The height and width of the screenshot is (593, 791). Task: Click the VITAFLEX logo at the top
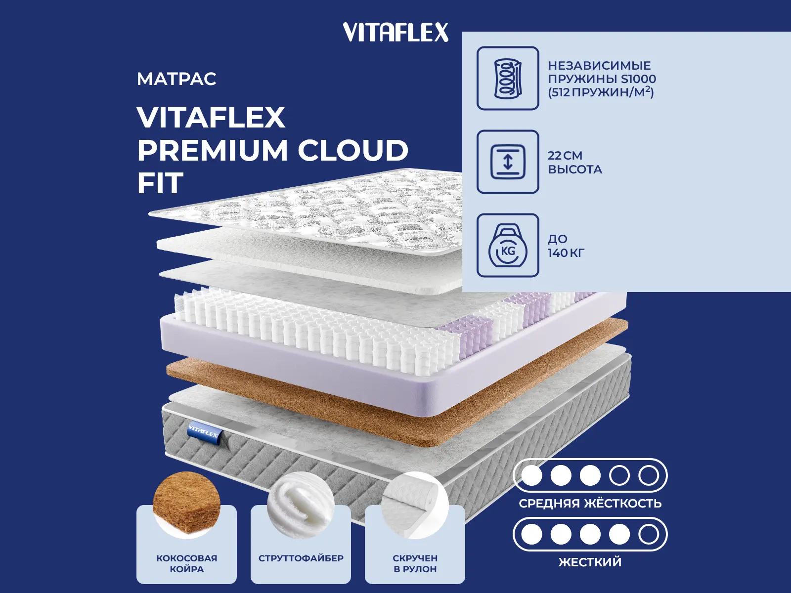click(395, 33)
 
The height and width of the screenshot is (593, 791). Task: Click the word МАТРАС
click(176, 79)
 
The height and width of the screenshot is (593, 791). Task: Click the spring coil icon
click(508, 78)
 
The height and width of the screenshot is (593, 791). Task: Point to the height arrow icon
click(508, 162)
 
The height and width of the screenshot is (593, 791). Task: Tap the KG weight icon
click(508, 246)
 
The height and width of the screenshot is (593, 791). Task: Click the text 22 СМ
click(565, 156)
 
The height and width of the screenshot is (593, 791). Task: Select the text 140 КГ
click(566, 253)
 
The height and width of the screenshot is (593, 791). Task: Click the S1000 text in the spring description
click(639, 79)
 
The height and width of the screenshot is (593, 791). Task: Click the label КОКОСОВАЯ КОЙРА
click(187, 564)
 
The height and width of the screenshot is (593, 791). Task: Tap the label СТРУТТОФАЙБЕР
click(301, 558)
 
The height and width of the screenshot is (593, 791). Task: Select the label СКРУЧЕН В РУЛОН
click(415, 564)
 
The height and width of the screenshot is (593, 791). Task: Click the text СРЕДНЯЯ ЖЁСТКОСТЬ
click(590, 504)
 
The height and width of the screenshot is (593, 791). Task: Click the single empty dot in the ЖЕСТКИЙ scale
click(649, 534)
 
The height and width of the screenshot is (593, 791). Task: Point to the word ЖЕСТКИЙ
click(590, 562)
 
